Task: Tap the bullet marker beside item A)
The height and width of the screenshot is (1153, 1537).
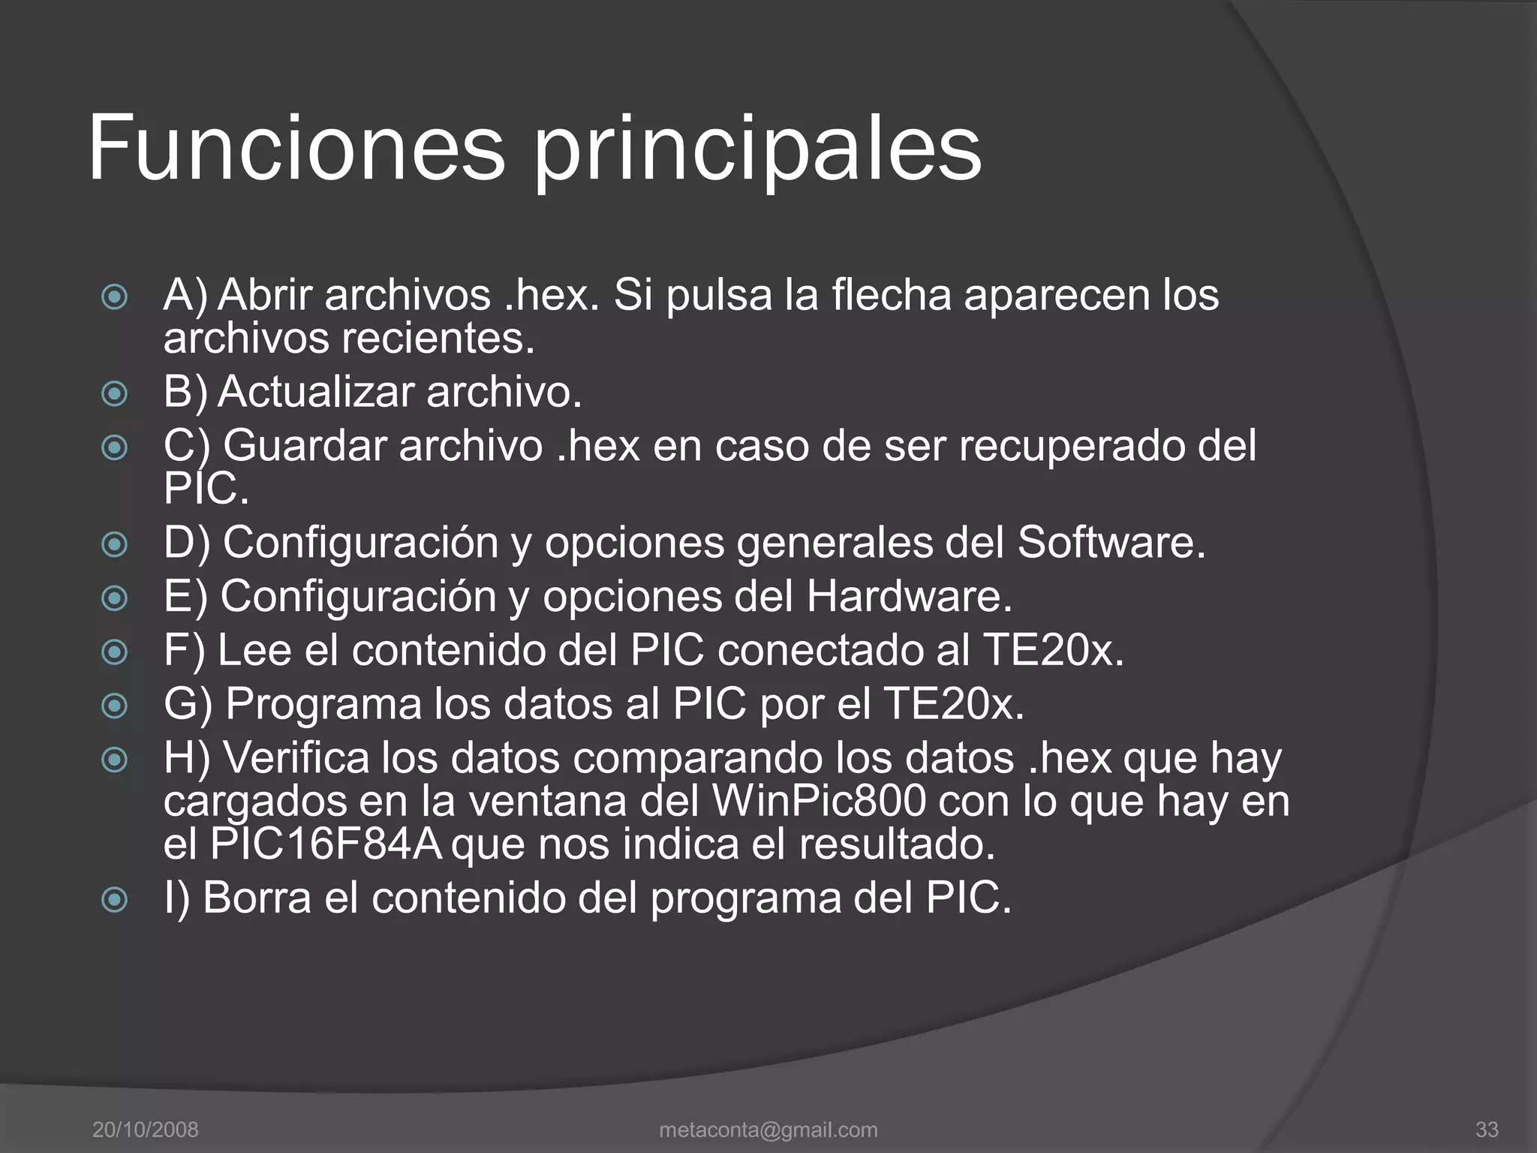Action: point(114,297)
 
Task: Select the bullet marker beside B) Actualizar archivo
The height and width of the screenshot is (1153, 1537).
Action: point(114,394)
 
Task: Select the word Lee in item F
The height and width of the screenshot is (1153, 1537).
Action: point(254,649)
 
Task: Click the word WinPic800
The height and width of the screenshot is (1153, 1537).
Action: point(818,801)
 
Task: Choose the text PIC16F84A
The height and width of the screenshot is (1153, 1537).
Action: point(327,844)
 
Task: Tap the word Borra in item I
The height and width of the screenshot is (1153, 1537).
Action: point(257,898)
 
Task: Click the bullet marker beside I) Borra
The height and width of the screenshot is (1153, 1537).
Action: point(114,899)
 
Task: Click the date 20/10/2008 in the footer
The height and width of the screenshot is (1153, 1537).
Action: point(145,1129)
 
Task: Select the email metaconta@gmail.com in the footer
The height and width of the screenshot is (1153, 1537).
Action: point(768,1129)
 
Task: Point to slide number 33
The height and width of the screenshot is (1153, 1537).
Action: point(1487,1129)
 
